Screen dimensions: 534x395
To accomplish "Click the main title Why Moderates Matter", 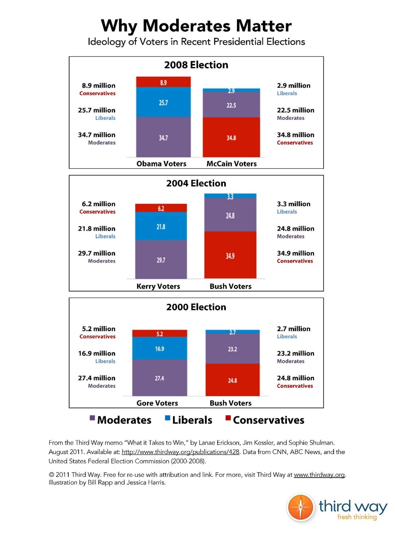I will coord(196,26).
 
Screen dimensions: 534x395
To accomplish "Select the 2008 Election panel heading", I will coord(196,65).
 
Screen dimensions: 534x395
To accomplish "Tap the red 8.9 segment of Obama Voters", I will coord(163,82).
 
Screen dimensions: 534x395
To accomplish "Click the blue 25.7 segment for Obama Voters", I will coord(163,102).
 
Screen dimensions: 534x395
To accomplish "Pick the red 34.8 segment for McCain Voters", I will coord(231,137).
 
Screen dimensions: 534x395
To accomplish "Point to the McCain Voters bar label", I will coord(231,164).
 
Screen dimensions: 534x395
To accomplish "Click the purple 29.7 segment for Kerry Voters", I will coord(161,259).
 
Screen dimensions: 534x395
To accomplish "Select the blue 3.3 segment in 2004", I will coord(230,196).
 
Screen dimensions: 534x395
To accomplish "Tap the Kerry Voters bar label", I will coord(158,287).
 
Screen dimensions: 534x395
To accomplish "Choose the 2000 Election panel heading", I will coord(196,307).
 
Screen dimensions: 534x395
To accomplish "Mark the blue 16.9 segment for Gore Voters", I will coord(160,348).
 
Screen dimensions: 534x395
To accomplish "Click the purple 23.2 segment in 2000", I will coord(232,349).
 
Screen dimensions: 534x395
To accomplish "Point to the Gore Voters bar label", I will coord(157,403).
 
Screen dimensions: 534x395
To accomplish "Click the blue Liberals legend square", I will coord(167,418).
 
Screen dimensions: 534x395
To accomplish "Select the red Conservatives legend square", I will coord(228,418).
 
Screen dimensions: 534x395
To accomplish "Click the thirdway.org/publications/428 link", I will coord(180,452).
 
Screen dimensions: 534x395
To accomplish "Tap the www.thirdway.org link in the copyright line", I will coord(319,475).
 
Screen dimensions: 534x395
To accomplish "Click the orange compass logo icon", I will coord(300,507).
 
